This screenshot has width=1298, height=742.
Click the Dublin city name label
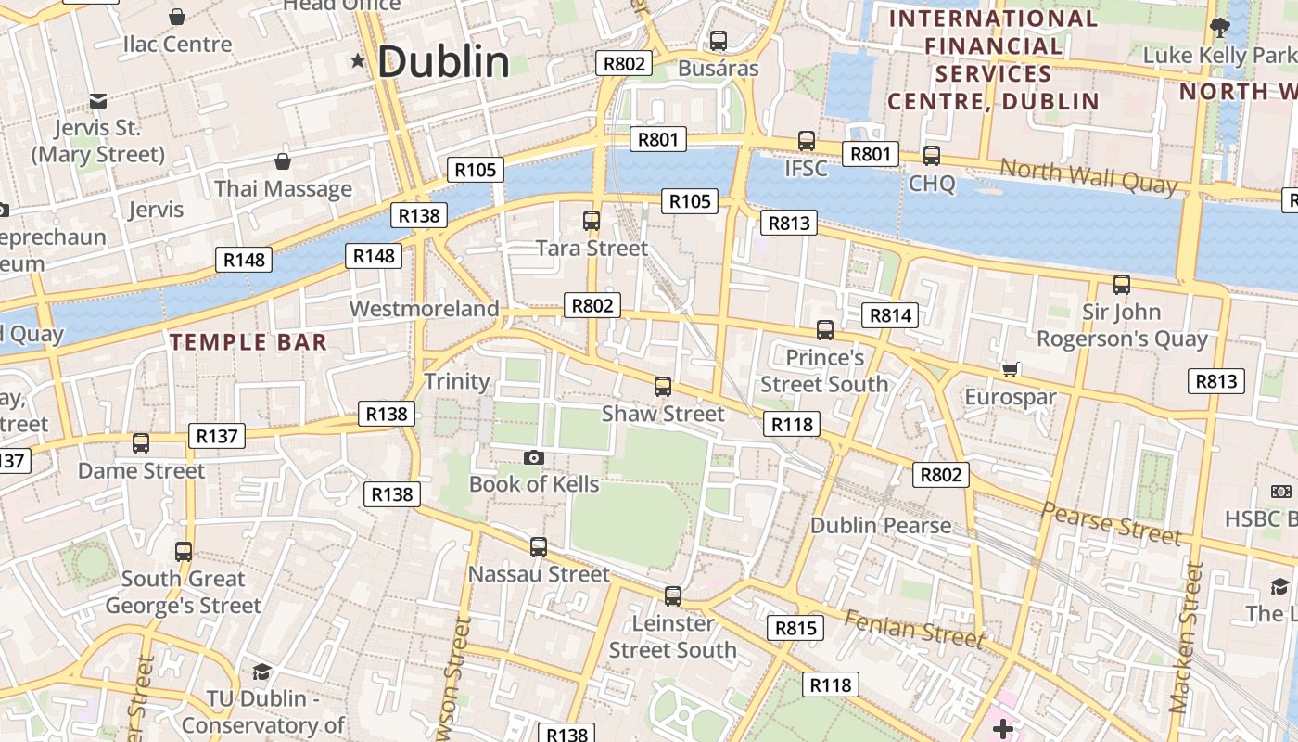(x=443, y=62)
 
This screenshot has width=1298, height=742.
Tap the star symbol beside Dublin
(x=358, y=61)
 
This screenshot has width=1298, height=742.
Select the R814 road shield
(x=890, y=315)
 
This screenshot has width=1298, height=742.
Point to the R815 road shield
(x=795, y=628)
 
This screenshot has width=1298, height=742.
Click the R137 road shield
(x=217, y=435)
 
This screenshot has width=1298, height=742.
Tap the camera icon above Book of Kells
(x=533, y=457)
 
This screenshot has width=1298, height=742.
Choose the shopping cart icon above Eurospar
(x=1011, y=370)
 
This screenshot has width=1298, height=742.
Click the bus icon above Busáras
(x=718, y=41)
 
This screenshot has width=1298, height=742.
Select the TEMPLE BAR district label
(x=248, y=342)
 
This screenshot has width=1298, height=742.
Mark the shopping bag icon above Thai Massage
(x=283, y=161)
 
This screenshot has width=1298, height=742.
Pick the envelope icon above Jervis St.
(x=97, y=100)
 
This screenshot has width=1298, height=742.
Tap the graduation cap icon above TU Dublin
(x=261, y=672)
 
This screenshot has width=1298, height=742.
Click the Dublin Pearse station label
(x=881, y=525)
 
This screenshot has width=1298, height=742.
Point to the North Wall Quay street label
(x=1088, y=176)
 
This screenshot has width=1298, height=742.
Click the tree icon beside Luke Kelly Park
(x=1219, y=28)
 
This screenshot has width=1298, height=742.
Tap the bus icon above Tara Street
(x=591, y=221)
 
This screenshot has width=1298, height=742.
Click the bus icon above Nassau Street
(x=538, y=547)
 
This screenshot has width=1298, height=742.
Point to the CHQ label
(x=931, y=183)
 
